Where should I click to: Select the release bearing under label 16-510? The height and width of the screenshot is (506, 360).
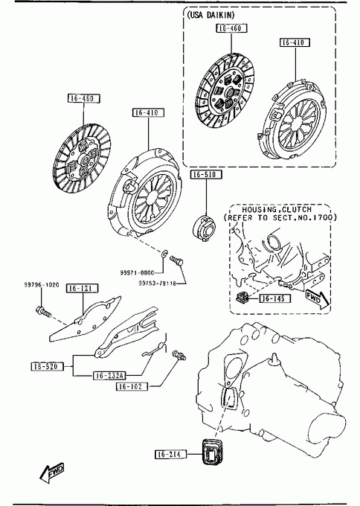(204, 228)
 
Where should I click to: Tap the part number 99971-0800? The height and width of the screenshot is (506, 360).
(137, 272)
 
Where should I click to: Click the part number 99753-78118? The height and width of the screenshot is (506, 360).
(158, 284)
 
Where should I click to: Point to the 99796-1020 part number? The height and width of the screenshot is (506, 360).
(42, 285)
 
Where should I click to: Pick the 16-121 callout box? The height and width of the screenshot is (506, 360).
(82, 288)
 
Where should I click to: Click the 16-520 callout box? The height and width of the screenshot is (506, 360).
(47, 366)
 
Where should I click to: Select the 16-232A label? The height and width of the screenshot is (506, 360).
(109, 375)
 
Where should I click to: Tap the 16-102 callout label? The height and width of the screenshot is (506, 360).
(132, 386)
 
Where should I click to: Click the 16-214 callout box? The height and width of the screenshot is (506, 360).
(170, 455)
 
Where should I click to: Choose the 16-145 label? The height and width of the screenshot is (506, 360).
(274, 298)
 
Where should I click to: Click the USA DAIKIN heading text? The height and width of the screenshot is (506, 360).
(210, 15)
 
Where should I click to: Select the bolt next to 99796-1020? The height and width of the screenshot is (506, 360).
(43, 311)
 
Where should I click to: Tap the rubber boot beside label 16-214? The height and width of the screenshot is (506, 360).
(212, 452)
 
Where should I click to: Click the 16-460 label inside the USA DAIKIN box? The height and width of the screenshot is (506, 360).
(231, 28)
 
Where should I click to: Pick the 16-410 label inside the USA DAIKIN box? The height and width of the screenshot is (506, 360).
(295, 42)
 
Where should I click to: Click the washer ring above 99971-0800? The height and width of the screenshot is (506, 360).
(164, 254)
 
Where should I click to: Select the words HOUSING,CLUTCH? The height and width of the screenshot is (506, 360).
(277, 210)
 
